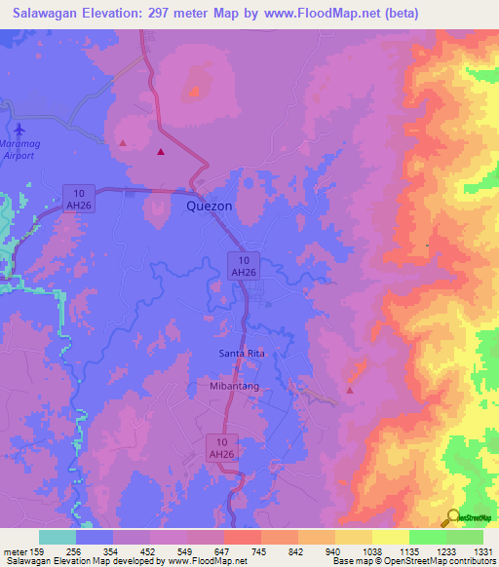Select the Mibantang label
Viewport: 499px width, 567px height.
pyautogui.click(x=237, y=386)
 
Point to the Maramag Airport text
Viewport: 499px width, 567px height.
pyautogui.click(x=21, y=148)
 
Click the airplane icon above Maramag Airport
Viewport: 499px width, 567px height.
pyautogui.click(x=21, y=128)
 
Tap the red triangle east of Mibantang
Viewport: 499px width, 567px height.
pyautogui.click(x=349, y=391)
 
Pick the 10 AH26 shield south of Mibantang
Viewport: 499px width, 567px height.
pyautogui.click(x=222, y=448)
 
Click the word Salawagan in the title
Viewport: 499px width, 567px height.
pyautogui.click(x=47, y=14)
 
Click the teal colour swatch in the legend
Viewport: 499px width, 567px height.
pyautogui.click(x=58, y=537)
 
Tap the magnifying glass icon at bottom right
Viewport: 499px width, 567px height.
pyautogui.click(x=451, y=518)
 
